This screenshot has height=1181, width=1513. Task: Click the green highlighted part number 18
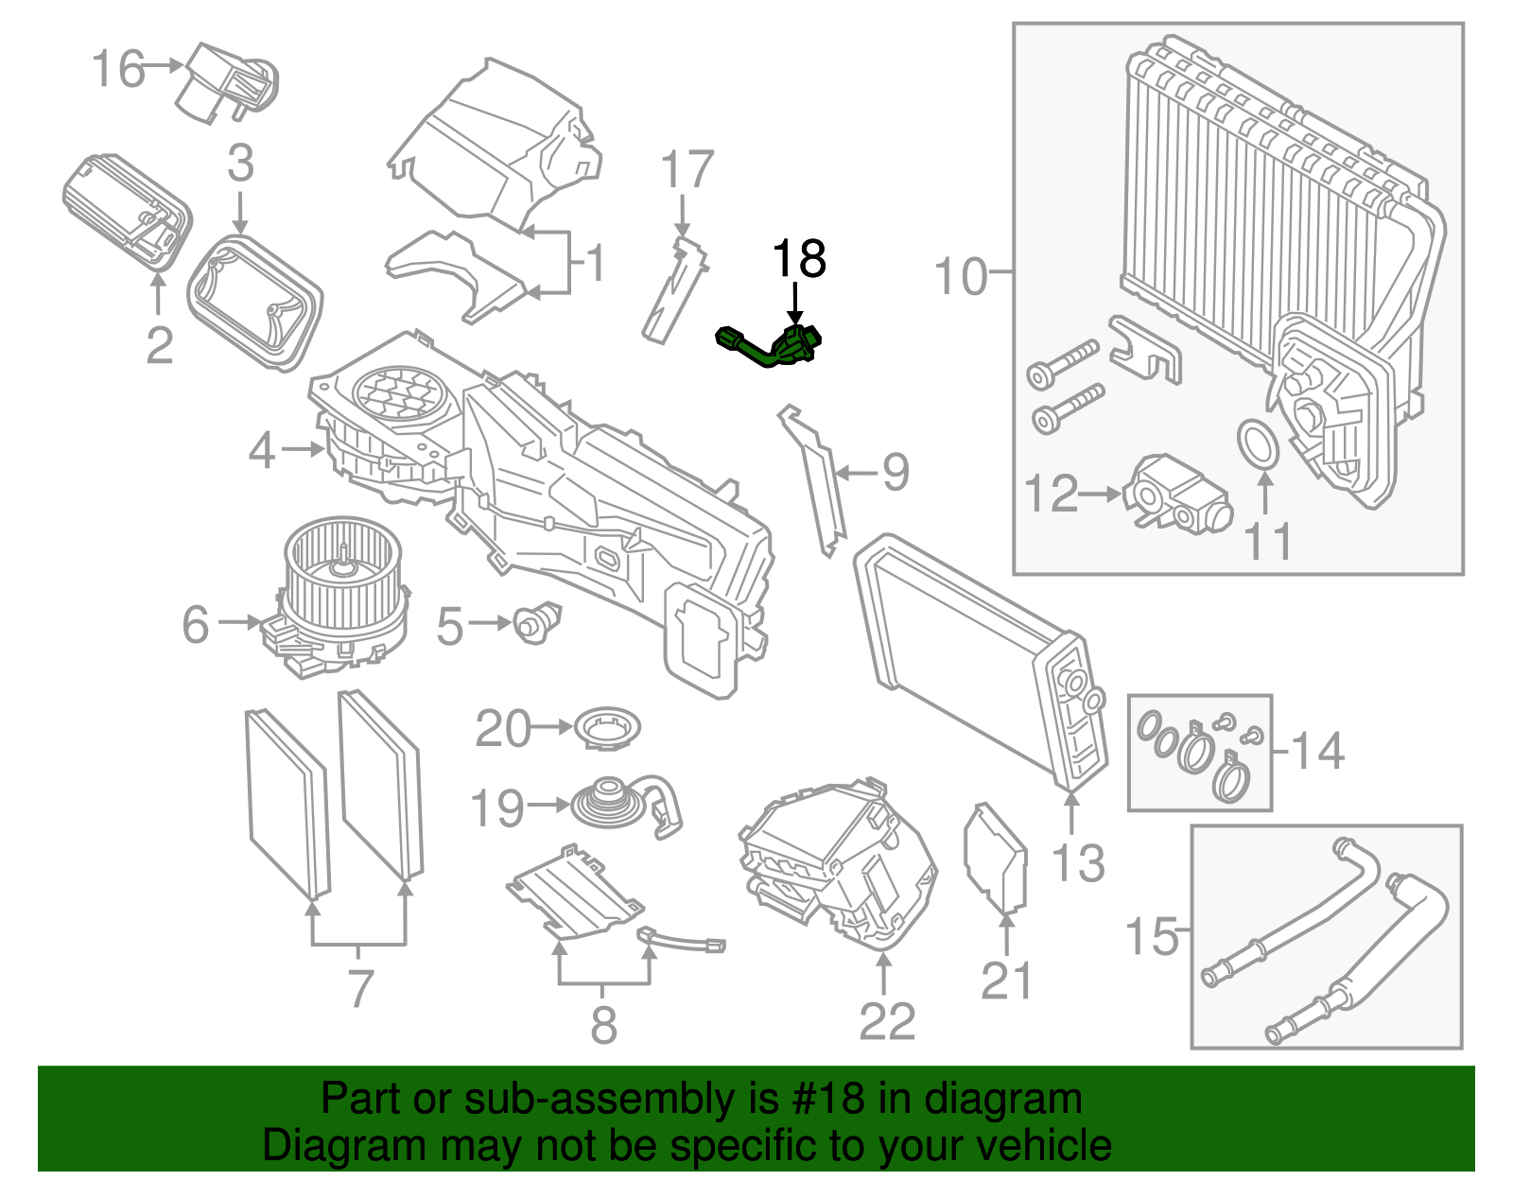771,347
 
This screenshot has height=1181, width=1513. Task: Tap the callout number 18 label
799,259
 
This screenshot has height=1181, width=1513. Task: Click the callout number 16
118,69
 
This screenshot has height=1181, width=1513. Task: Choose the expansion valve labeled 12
1177,494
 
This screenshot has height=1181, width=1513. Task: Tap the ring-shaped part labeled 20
606,729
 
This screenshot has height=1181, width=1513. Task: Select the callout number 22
887,1021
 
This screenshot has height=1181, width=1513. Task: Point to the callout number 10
961,276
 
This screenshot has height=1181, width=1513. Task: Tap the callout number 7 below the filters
360,989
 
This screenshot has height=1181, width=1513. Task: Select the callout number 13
1078,863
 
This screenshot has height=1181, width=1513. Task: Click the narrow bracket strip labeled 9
815,478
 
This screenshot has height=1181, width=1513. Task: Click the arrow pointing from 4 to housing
303,449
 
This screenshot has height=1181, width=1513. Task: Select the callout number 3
240,164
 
